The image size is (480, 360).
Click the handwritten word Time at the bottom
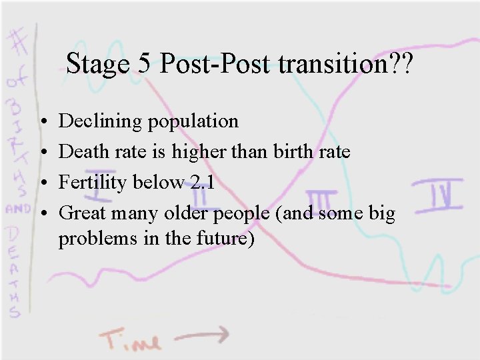tap(131, 339)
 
